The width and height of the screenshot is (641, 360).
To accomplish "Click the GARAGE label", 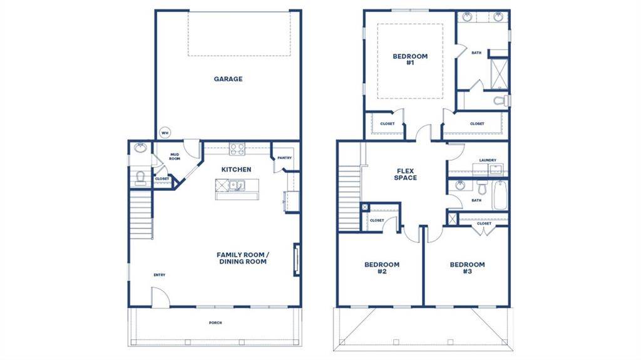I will (x=228, y=79).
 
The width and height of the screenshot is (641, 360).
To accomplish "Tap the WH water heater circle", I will (x=165, y=132).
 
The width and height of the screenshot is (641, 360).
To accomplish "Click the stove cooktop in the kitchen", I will (x=237, y=149).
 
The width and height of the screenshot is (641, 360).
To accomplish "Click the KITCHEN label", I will (x=236, y=170).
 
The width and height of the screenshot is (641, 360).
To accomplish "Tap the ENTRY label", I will (x=160, y=275).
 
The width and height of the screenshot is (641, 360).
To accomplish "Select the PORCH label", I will (x=215, y=323).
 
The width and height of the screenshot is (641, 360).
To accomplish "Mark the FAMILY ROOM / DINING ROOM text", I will (x=242, y=258).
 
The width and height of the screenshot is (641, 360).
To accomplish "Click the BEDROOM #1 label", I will (x=410, y=59).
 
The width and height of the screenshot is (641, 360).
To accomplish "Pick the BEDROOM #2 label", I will (x=382, y=268).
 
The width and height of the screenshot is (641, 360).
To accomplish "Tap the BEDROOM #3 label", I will (x=467, y=268).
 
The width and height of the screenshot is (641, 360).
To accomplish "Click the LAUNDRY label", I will (x=488, y=160).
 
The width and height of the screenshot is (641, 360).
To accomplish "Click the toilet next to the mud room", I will (x=140, y=177).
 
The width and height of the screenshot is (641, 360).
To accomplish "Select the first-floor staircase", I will (x=141, y=216).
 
